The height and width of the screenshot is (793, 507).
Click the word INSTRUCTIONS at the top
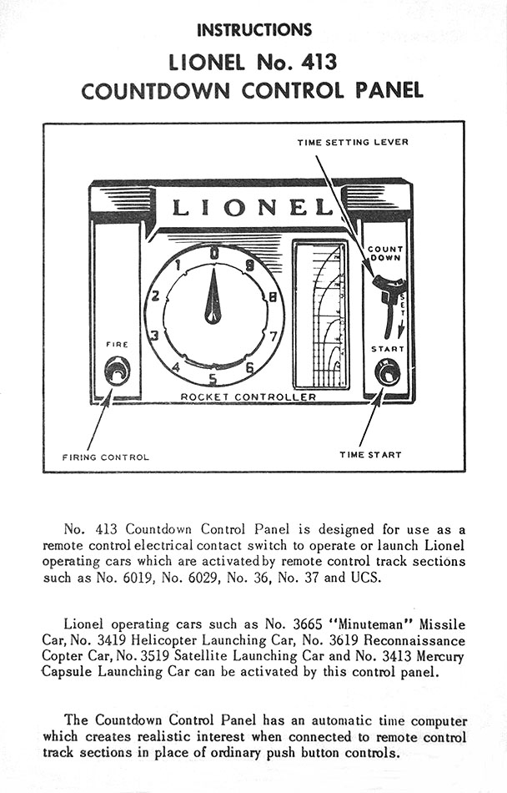254,30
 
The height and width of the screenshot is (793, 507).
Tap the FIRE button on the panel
117,370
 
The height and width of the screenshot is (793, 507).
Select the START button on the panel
387,371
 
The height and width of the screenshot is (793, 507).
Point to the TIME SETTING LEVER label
353,143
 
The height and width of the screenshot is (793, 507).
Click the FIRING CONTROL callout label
106,457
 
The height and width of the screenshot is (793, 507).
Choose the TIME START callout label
370,455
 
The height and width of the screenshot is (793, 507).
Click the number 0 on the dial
214,253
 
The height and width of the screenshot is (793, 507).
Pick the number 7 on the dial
274,336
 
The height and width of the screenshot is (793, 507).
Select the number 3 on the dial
154,336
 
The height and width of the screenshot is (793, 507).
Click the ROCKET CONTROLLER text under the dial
248,396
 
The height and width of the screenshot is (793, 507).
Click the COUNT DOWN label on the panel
385,253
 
